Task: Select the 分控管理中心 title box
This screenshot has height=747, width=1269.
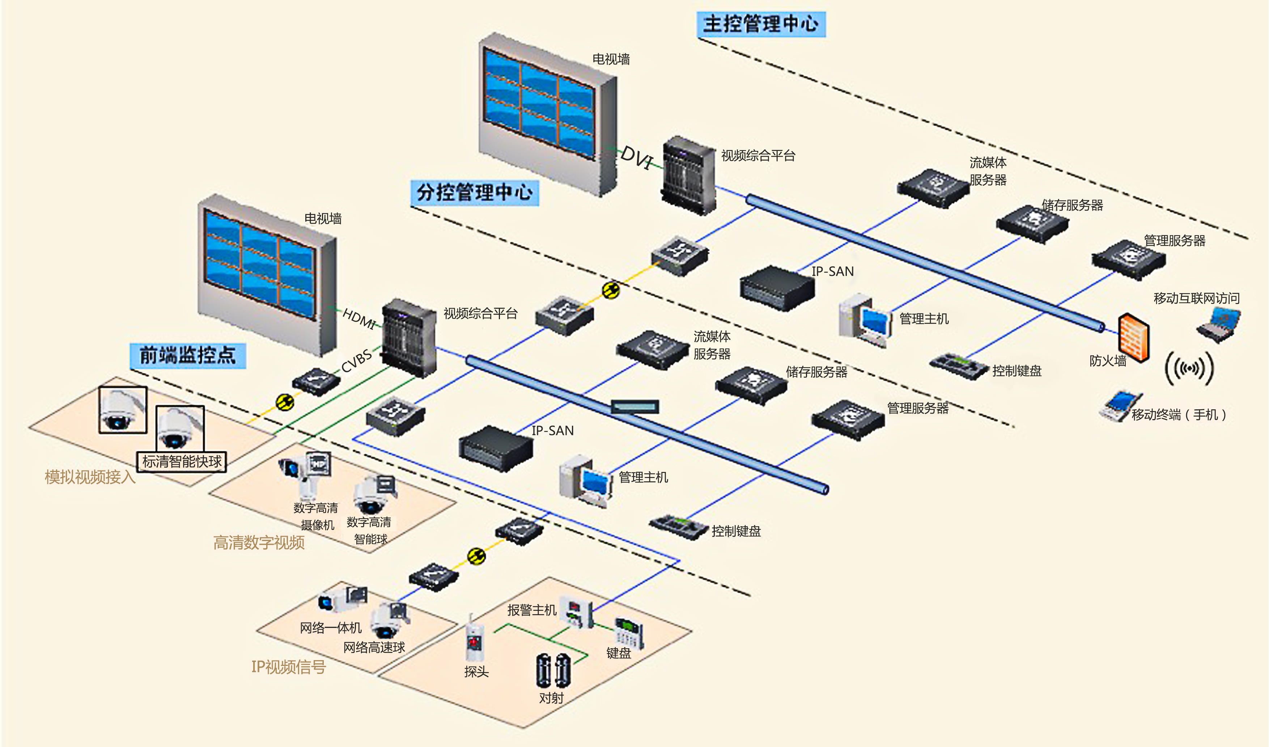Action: pos(474,193)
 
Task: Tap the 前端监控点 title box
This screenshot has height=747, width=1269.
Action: pos(187,355)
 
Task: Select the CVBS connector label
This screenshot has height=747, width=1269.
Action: pos(357,360)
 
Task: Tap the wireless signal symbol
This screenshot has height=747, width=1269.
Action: pos(1189,368)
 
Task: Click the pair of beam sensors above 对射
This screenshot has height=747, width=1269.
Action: pos(552,670)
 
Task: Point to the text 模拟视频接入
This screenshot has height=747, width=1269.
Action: pos(90,477)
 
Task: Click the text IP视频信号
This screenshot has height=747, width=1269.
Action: pos(289,666)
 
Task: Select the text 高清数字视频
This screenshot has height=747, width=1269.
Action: pos(259,543)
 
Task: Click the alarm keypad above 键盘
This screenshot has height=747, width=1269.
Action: pos(628,633)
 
